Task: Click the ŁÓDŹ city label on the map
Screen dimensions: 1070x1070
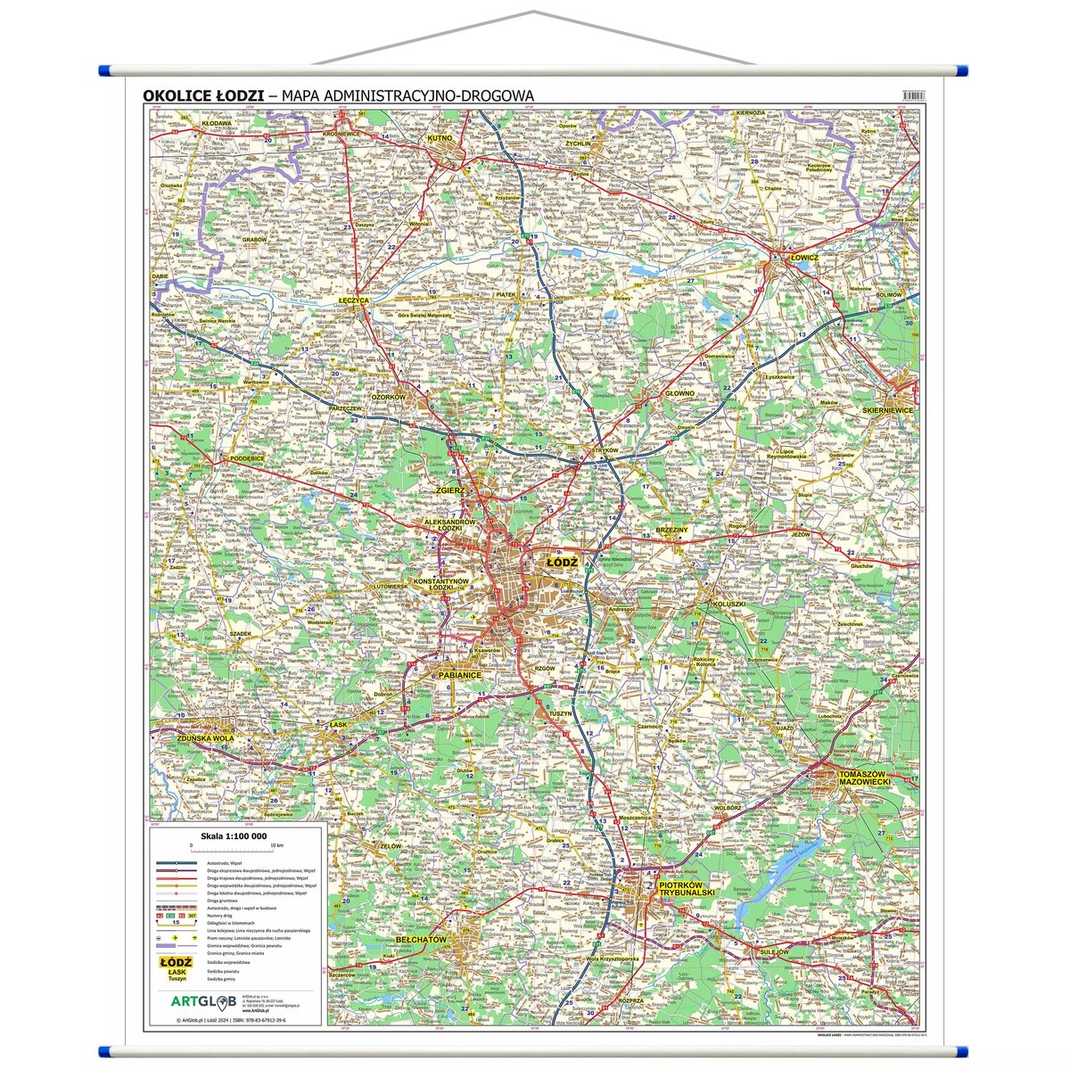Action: point(562,563)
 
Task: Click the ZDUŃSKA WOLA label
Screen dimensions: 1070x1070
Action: point(205,738)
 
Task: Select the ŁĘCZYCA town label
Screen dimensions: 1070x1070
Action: point(353,301)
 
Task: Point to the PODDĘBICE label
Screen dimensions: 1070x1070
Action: point(247,457)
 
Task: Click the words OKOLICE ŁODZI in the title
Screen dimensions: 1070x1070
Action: point(202,95)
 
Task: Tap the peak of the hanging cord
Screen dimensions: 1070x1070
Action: point(533,12)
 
